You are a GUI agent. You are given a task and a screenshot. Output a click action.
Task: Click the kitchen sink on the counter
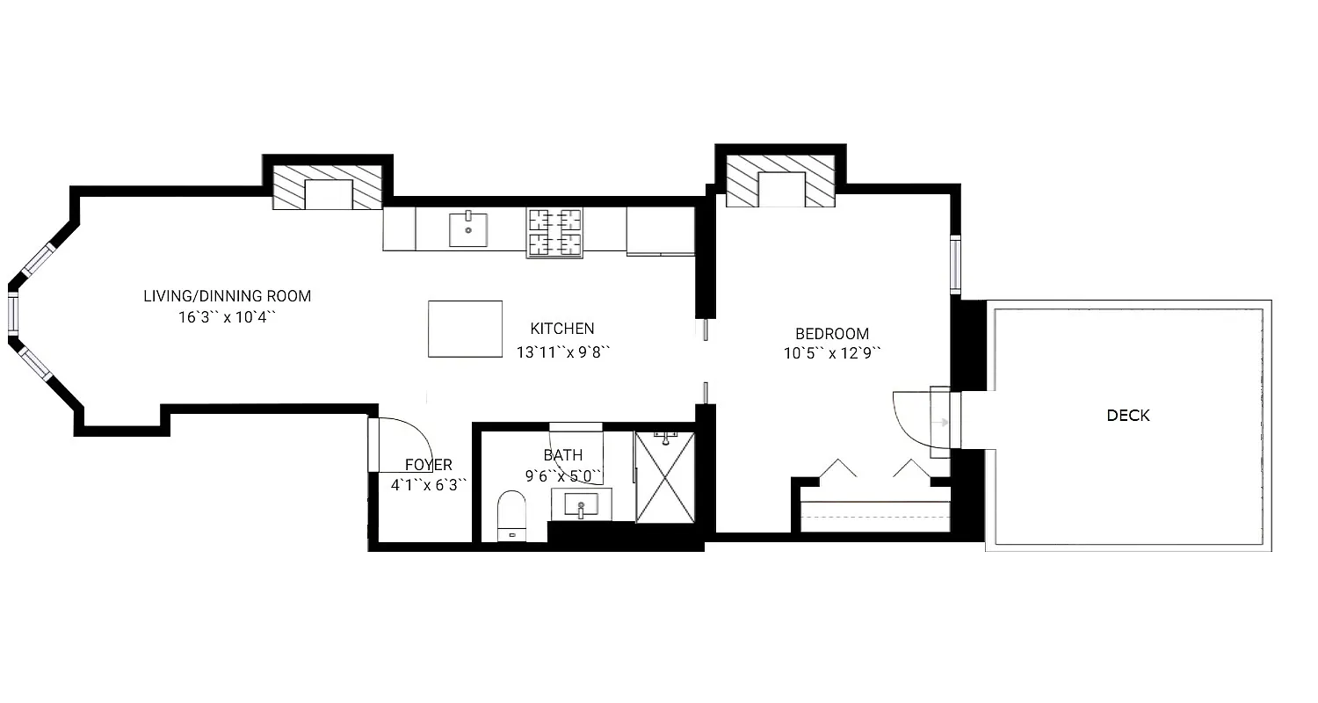click(467, 229)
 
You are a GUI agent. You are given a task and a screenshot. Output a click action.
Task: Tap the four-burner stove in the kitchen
click(554, 232)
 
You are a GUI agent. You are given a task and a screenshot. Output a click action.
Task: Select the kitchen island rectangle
click(465, 329)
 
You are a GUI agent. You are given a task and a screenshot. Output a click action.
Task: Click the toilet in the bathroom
click(511, 515)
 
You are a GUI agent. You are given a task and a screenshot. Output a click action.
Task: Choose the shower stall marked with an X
click(665, 478)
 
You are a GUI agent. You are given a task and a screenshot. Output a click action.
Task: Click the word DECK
click(1127, 416)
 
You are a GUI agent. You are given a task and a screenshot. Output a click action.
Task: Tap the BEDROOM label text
click(831, 334)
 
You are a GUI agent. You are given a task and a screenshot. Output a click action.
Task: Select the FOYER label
click(428, 465)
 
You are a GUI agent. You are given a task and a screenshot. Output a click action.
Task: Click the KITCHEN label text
click(561, 329)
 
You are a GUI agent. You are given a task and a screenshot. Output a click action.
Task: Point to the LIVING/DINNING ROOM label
click(227, 296)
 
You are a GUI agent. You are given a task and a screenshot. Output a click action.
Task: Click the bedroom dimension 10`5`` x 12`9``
click(831, 353)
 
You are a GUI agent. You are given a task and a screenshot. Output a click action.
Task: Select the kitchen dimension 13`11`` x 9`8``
click(562, 351)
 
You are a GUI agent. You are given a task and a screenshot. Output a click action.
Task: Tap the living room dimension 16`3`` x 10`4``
click(227, 317)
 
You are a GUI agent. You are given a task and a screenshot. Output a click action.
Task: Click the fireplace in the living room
click(328, 188)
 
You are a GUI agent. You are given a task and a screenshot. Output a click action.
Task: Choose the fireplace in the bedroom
click(780, 184)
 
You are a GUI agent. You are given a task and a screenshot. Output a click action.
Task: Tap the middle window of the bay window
click(13, 315)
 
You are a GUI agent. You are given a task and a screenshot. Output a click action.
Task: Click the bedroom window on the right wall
click(955, 264)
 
